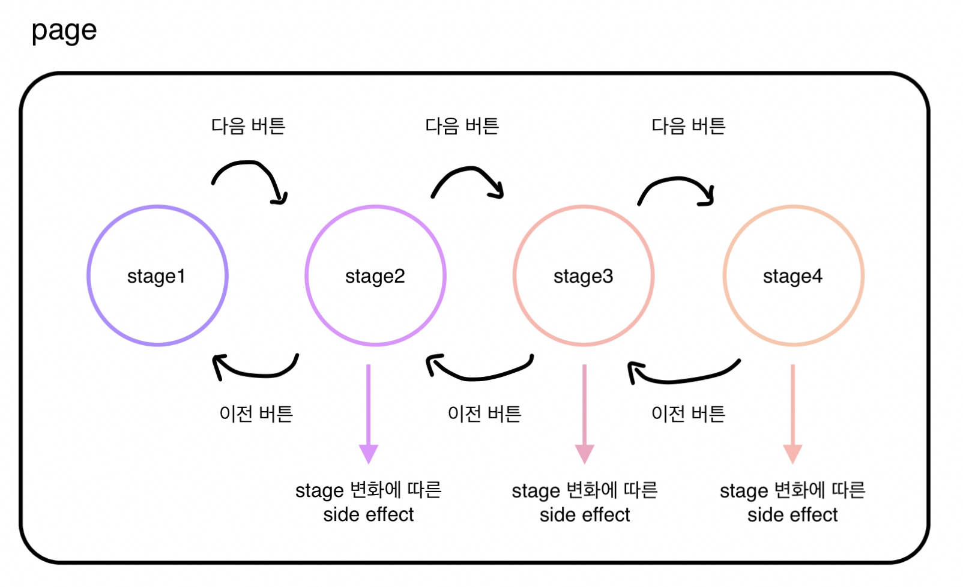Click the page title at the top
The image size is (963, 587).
tap(64, 31)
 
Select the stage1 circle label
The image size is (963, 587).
tap(156, 276)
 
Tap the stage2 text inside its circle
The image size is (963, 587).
tap(375, 276)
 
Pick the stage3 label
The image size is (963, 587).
tap(583, 276)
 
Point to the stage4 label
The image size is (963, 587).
tap(792, 276)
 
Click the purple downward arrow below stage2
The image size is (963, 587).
tap(368, 414)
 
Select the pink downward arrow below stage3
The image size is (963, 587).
tap(584, 414)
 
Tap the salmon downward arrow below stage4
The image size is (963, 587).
tap(792, 414)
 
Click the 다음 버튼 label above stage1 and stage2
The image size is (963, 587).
tap(248, 126)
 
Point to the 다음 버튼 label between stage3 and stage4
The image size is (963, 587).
tap(689, 126)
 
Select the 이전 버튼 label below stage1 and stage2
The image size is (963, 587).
tap(256, 414)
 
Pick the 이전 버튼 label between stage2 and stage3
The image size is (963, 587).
tap(485, 414)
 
